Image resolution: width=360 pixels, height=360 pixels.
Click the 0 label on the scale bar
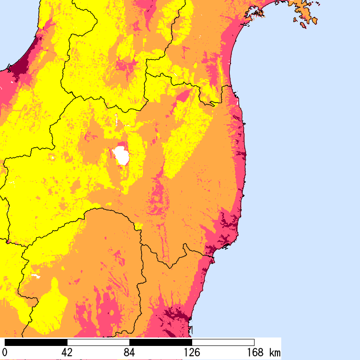5,352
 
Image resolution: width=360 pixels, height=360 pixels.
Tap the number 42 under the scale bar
67,352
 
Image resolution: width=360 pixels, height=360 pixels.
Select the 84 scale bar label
129,352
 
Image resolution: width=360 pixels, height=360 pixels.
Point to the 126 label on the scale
192,352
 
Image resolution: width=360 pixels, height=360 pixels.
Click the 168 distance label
254,352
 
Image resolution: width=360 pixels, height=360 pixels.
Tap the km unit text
275,352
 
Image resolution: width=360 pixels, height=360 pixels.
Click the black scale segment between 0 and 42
36,342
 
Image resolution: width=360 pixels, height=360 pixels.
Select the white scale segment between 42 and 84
98,342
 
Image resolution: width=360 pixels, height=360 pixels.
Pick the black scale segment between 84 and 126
160,342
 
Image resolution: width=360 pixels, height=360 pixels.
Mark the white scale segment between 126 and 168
223,342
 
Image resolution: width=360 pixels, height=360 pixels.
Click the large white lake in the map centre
122,156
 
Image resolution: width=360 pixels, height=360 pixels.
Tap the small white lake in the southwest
37,276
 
